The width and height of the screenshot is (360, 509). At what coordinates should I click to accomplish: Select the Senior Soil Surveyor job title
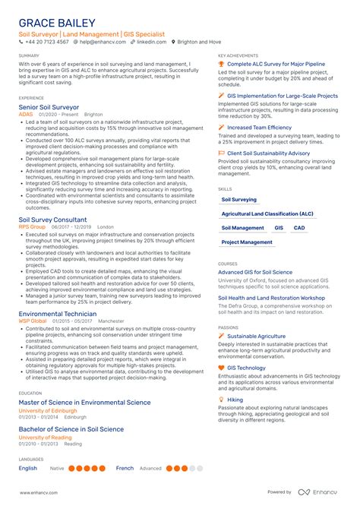coord(49,109)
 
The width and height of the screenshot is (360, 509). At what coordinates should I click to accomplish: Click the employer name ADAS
coord(25,115)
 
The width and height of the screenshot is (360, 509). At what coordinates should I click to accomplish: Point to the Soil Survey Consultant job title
coord(54,220)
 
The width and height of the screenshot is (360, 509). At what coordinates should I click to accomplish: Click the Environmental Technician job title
coord(57,314)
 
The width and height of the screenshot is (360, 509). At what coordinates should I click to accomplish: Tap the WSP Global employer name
coord(33,321)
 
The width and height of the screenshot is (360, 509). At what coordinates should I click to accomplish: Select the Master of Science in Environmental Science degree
coord(84,403)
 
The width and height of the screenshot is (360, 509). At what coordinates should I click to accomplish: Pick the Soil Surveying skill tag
coord(238,200)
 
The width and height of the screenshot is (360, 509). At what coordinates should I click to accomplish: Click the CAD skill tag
coord(299,228)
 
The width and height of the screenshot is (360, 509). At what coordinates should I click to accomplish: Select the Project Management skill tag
coord(246,242)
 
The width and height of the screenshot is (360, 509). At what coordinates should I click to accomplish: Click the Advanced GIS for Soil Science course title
coord(254,272)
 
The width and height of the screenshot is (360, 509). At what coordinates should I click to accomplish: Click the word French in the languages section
coord(124,469)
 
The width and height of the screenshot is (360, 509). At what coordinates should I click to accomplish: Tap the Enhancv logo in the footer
coord(324,492)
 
